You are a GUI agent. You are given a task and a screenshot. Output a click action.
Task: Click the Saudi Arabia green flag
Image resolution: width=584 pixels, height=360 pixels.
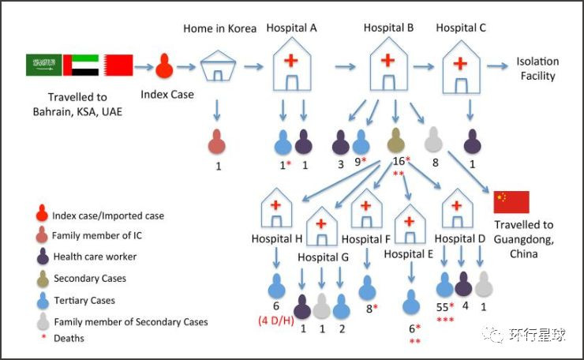coord(43,65)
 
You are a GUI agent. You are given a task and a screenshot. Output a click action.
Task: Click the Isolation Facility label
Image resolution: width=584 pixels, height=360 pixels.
coord(537,69)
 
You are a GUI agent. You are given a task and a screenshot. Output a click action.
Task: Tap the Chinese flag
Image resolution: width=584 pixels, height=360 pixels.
coord(511,202)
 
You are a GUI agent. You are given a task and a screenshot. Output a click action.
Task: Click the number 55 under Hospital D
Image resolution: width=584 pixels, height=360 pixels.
coord(442,306)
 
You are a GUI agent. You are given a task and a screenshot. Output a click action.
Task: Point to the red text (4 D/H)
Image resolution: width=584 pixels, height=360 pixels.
coord(277,320)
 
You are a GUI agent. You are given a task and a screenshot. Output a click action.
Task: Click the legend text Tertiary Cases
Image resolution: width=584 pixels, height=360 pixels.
coord(84,300)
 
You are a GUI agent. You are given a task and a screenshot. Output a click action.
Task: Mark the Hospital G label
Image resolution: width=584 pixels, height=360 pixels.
coord(323,257)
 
